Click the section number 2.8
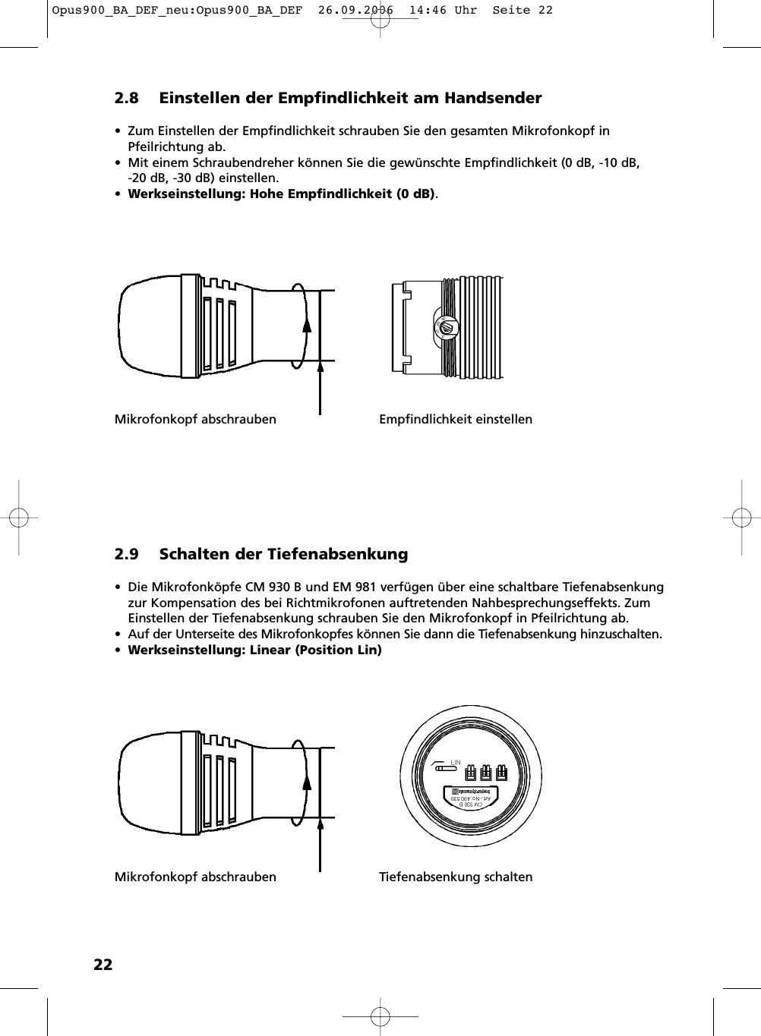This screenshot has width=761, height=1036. pyautogui.click(x=126, y=98)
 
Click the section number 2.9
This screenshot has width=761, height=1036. pyautogui.click(x=126, y=554)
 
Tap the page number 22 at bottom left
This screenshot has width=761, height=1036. pyautogui.click(x=103, y=965)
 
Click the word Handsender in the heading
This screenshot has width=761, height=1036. pyautogui.click(x=493, y=98)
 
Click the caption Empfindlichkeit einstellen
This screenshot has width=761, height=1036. pyautogui.click(x=456, y=419)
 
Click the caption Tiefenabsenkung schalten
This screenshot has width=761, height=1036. pyautogui.click(x=456, y=877)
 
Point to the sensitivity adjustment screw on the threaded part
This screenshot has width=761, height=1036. pyautogui.click(x=445, y=328)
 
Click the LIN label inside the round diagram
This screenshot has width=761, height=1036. pyautogui.click(x=456, y=762)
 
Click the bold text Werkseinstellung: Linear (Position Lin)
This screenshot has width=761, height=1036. pyautogui.click(x=254, y=650)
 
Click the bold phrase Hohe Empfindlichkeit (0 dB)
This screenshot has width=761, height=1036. pyautogui.click(x=342, y=194)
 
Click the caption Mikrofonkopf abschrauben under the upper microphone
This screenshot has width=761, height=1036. pyautogui.click(x=195, y=419)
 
